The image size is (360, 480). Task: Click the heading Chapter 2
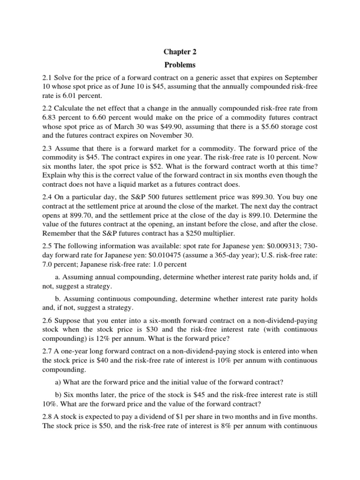[180, 52]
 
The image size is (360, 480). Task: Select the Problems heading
[180, 65]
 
